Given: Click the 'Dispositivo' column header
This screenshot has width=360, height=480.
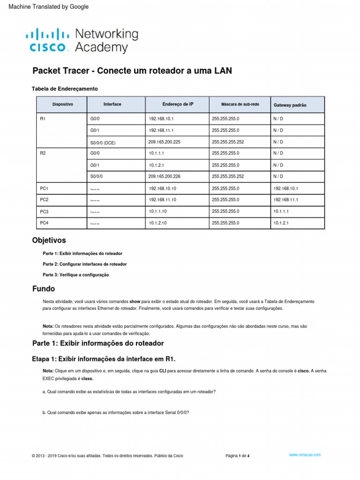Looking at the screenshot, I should [x=62, y=104].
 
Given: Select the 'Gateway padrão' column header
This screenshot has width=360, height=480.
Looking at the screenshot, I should [x=290, y=105].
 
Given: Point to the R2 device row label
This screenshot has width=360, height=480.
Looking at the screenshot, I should [x=43, y=153].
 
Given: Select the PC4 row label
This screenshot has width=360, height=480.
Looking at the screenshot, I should [x=44, y=223].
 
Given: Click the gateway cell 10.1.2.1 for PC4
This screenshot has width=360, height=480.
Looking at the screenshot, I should [x=282, y=223].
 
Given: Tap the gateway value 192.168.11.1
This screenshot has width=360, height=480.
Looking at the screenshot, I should [x=285, y=200].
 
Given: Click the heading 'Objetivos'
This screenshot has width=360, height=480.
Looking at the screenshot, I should [x=49, y=240].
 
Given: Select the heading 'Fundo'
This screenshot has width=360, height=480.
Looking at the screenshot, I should [x=43, y=289].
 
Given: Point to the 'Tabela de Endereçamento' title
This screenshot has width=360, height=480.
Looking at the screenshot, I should [x=65, y=89].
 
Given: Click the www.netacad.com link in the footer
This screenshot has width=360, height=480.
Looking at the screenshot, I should [x=305, y=455].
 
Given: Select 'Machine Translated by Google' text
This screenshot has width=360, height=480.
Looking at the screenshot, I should [x=45, y=7].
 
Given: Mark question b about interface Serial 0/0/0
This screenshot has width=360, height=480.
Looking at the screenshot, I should [x=115, y=413].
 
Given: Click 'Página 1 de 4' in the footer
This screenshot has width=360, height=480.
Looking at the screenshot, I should [x=237, y=456].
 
